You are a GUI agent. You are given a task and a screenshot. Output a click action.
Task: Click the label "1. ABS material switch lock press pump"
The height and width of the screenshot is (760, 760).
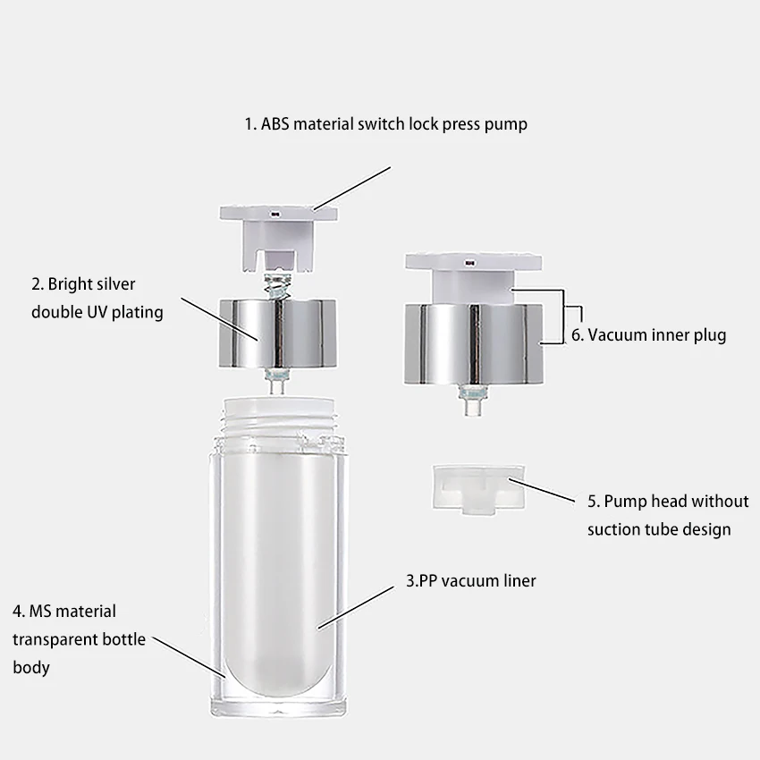[x=385, y=124]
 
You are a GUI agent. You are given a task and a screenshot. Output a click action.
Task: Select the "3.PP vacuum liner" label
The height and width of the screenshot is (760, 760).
[x=470, y=581]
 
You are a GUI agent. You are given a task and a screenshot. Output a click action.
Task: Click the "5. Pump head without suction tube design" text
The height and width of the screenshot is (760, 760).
[x=667, y=515]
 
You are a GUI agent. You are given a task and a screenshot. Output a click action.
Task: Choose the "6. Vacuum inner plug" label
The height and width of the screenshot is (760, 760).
[x=648, y=335]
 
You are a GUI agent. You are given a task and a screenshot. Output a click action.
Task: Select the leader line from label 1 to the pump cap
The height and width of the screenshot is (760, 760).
[x=352, y=188]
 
